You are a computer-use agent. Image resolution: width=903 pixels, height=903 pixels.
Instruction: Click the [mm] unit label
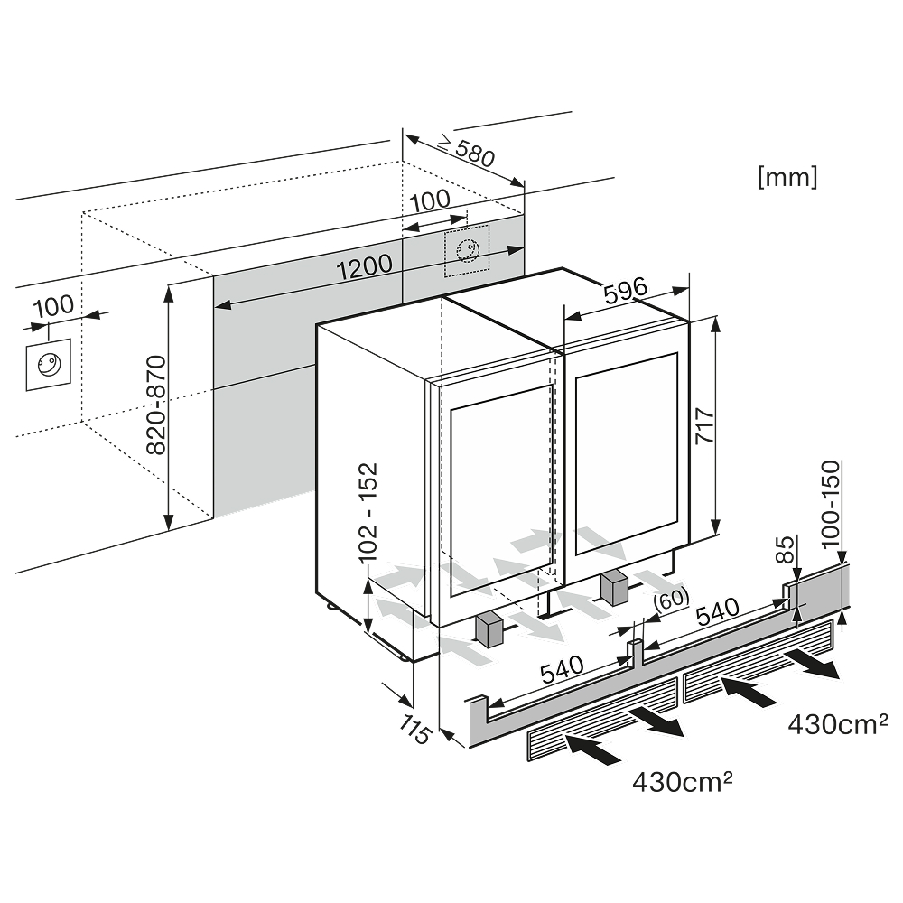pyautogui.click(x=787, y=177)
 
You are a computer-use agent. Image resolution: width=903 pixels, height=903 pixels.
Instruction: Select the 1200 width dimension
pyautogui.click(x=364, y=265)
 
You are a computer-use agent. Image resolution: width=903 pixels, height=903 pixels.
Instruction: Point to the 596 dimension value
pyautogui.click(x=626, y=291)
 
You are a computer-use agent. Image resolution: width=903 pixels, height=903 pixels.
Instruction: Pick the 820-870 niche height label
pyautogui.click(x=155, y=405)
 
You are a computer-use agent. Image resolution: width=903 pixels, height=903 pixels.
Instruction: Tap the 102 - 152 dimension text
pyautogui.click(x=368, y=512)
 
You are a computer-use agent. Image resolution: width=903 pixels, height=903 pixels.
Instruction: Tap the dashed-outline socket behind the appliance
pyautogui.click(x=467, y=249)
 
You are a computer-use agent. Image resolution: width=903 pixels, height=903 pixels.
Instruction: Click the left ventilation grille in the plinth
pyautogui.click(x=600, y=718)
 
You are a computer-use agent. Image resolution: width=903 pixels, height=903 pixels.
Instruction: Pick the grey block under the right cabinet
pyautogui.click(x=617, y=588)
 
